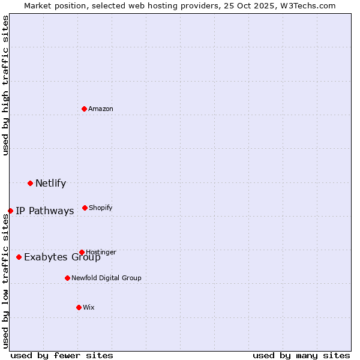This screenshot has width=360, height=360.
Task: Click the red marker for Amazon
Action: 84,109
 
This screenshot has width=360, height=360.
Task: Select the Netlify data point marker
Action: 30,183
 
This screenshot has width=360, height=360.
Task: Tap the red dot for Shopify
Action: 85,208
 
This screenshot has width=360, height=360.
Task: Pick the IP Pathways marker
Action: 10,211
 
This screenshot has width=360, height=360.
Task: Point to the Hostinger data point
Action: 82,252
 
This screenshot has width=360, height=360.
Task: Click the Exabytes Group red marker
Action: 19,257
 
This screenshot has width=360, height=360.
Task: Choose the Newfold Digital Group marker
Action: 67,278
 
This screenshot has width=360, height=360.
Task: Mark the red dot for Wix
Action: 79,307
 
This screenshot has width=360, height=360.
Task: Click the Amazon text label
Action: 101,109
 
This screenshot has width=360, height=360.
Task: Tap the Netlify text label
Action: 50,183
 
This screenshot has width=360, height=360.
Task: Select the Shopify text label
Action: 100,208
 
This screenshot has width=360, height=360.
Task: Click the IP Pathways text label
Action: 44,211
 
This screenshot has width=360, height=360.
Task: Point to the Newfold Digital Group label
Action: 106,278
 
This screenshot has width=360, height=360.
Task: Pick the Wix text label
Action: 89,307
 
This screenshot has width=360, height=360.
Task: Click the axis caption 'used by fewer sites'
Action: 62,355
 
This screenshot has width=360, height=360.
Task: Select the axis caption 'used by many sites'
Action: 301,355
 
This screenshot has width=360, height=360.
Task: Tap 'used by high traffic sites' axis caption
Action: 5,85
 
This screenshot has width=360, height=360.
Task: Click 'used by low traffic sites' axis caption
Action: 5,281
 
